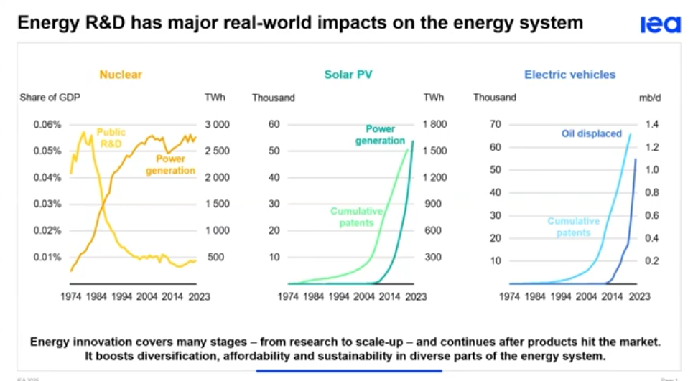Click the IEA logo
point(660,24)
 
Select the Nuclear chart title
point(121,75)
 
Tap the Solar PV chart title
point(348,75)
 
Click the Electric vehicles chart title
point(569,75)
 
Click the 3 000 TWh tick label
point(218,124)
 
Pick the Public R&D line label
point(111,138)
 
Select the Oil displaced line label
point(591,133)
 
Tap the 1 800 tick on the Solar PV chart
point(434,124)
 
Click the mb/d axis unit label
point(649,98)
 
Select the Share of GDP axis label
point(48,98)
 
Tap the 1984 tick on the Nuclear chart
point(96,296)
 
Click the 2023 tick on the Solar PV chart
point(414,296)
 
